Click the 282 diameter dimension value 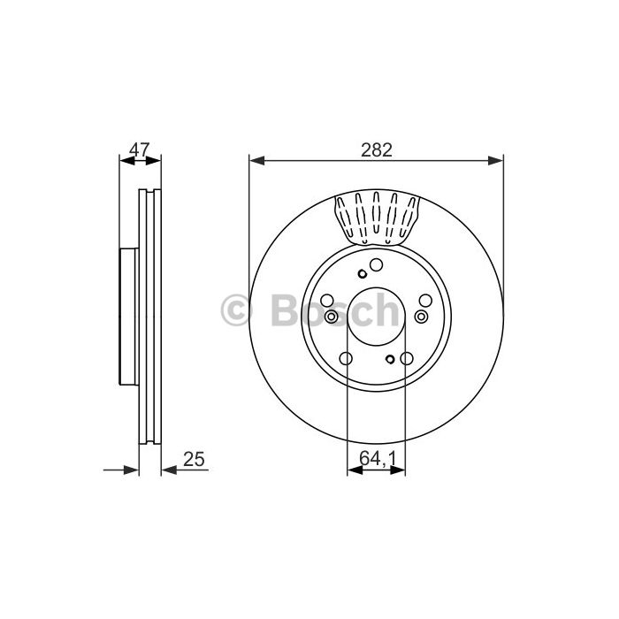click(x=377, y=150)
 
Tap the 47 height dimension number click(x=140, y=150)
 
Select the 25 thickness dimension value click(x=194, y=459)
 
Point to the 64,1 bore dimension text click(x=378, y=458)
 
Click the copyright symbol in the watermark click(x=236, y=310)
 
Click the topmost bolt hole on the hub click(x=376, y=265)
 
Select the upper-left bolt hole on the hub click(x=327, y=301)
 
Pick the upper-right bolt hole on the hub click(x=425, y=301)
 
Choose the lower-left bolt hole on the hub click(x=346, y=358)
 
